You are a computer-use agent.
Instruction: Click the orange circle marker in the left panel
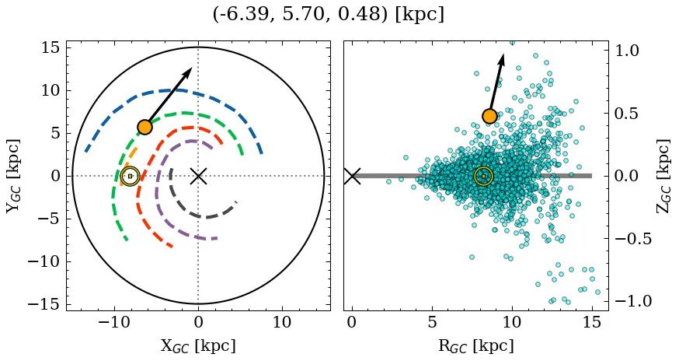click(x=145, y=127)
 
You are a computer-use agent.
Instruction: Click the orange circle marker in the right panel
click(x=489, y=116)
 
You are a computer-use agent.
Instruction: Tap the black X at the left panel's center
click(x=198, y=176)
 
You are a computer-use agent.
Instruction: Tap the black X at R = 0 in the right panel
click(x=352, y=176)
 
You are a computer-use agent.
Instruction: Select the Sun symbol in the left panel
click(x=130, y=176)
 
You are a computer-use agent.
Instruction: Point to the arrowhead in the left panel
click(x=187, y=73)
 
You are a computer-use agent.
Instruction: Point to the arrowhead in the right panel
click(x=502, y=59)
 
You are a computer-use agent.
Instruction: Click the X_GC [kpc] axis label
click(x=198, y=345)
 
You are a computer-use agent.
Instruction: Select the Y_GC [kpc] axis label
click(x=13, y=176)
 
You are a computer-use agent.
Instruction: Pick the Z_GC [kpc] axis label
click(x=665, y=176)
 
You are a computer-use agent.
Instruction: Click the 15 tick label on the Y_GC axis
click(x=50, y=47)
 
